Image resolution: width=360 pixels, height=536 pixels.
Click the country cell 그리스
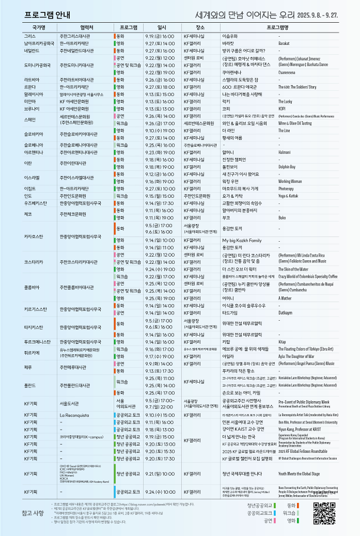tap(29, 37)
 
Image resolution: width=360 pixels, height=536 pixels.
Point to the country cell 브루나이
tap(31, 109)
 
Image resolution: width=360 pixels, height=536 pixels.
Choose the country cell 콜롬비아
tap(33, 287)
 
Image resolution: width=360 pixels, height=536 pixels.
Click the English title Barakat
tap(284, 44)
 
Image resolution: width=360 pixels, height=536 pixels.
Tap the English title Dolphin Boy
tap(287, 167)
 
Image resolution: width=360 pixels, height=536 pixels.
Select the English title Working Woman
tap(290, 182)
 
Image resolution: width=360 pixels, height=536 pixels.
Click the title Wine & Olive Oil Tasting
tap(295, 123)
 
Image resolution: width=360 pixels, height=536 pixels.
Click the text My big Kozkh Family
tap(242, 240)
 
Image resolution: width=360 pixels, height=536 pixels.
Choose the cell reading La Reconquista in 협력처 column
tap(75, 415)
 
